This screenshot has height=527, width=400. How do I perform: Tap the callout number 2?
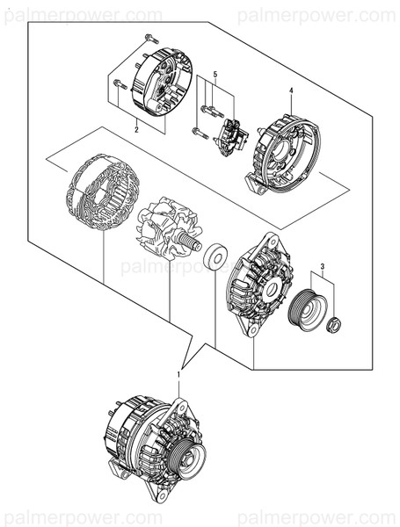[136, 129]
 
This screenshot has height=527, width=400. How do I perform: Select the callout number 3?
[322, 266]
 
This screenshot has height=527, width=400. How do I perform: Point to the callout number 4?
[290, 91]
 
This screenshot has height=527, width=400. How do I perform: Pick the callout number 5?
[215, 75]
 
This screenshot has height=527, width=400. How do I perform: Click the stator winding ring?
[104, 192]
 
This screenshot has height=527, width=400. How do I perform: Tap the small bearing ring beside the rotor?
[215, 258]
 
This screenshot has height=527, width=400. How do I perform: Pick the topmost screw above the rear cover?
[149, 37]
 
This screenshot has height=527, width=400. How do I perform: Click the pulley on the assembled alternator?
[186, 457]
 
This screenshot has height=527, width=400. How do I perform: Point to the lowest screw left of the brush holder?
[198, 133]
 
